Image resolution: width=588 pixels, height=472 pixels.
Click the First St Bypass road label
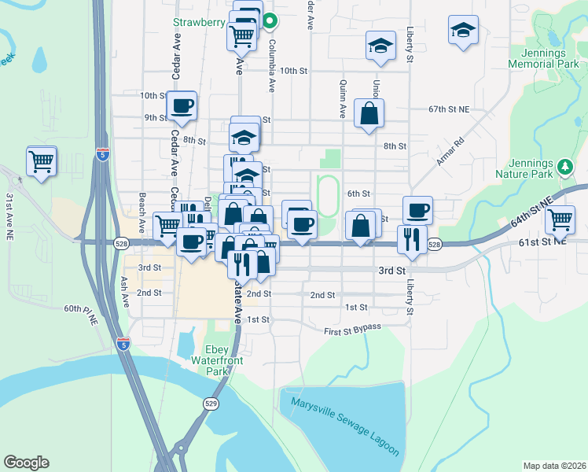point(352,328)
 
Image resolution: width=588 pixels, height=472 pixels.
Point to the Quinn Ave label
point(343,99)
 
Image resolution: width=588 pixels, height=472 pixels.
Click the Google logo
point(27,463)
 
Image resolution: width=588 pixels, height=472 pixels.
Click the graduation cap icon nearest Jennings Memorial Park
point(463,31)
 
